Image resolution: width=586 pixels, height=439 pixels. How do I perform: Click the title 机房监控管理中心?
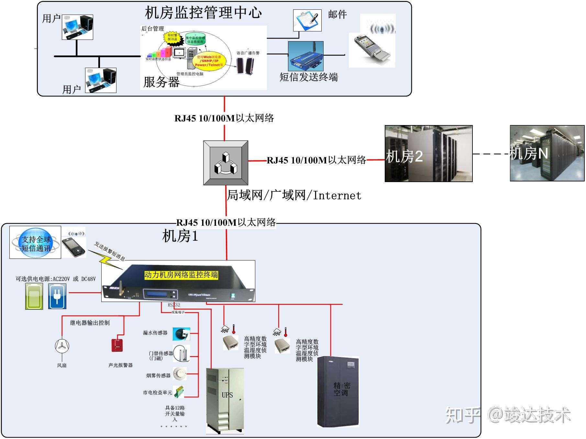[x=203, y=13]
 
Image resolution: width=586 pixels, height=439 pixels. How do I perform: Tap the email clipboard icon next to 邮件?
[x=307, y=20]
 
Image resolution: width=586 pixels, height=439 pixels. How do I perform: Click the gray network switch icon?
[x=226, y=163]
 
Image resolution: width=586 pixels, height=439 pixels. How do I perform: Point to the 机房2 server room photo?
[x=428, y=154]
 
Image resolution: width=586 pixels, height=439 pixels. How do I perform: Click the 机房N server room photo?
[x=547, y=153]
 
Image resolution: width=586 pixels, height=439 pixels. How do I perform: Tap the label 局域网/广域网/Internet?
[x=294, y=195]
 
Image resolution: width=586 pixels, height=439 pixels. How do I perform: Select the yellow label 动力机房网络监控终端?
[x=181, y=275]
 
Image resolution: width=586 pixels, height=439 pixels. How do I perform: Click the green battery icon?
[x=34, y=296]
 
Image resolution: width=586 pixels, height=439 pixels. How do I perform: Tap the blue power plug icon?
[x=57, y=296]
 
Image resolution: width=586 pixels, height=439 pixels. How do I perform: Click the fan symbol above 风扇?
[x=62, y=346]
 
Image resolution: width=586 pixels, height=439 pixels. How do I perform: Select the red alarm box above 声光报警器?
[x=117, y=345]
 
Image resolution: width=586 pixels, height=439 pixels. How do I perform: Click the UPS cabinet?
[x=225, y=400]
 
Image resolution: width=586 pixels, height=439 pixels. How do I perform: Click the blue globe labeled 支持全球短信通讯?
[x=36, y=243]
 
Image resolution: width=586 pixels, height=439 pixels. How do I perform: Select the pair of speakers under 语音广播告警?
[x=245, y=66]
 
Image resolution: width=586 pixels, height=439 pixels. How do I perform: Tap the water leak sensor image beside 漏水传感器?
[x=181, y=334]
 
